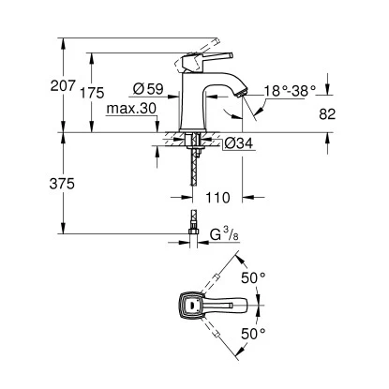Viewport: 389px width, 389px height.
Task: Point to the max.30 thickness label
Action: [x=129, y=109]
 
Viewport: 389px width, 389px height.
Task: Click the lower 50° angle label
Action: [x=254, y=333]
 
